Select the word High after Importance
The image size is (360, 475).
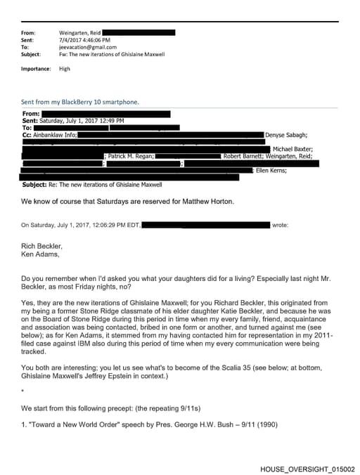(65, 69)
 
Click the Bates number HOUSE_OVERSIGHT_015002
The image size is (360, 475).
(307, 469)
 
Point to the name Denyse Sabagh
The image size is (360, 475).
(287, 134)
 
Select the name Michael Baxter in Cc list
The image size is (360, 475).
(293, 149)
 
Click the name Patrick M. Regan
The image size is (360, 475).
(131, 156)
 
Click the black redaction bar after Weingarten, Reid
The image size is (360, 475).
(140, 32)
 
